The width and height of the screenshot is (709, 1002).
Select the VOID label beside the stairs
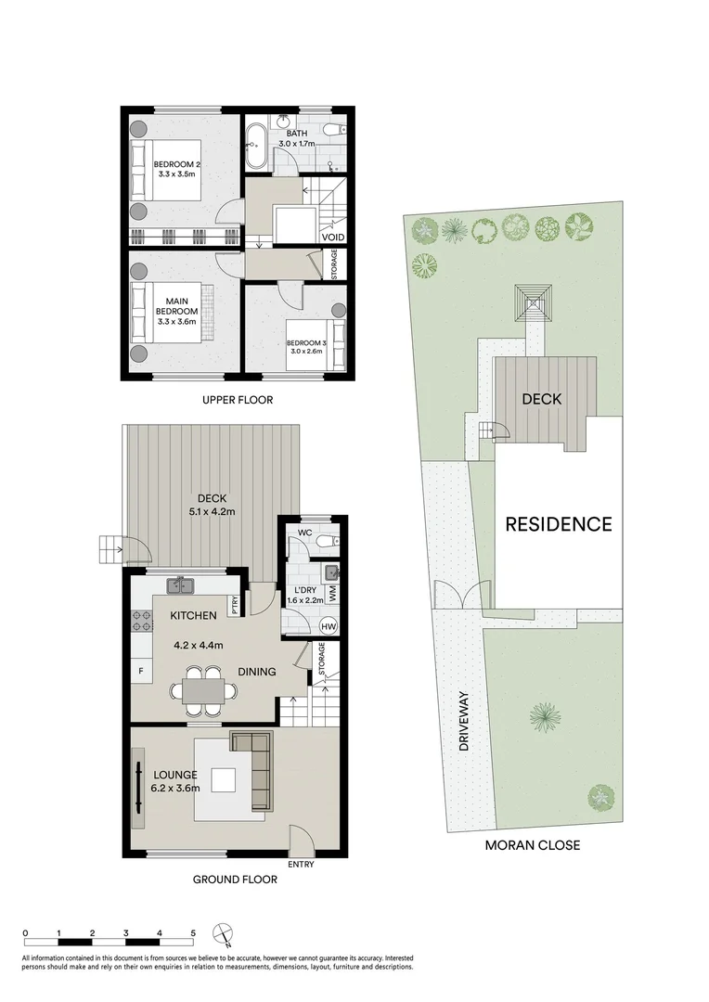(334, 238)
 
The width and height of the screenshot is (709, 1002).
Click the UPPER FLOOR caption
(237, 401)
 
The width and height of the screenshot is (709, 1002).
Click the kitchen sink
(178, 585)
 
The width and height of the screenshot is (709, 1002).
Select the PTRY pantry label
(236, 605)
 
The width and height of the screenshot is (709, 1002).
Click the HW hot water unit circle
(328, 627)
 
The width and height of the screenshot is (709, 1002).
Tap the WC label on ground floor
(304, 533)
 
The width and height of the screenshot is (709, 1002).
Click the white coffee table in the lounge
(224, 780)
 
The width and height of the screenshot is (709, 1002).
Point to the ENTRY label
(302, 865)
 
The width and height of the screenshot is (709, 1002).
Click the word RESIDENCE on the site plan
(558, 524)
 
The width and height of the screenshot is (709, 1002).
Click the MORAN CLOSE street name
(533, 845)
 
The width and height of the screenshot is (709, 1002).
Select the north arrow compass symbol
(222, 933)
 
